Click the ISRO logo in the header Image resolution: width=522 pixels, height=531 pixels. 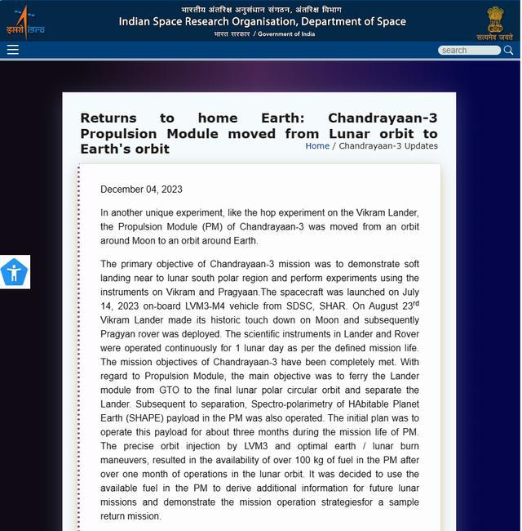[x=24, y=22]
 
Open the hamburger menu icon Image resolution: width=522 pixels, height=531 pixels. [x=13, y=50]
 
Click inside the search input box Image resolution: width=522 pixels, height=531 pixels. [x=468, y=50]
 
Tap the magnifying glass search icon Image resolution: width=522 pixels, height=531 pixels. [x=508, y=50]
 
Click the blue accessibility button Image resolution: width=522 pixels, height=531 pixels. [x=14, y=272]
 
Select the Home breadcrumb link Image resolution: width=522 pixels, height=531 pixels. [x=317, y=146]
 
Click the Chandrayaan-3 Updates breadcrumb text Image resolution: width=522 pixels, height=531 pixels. [x=388, y=146]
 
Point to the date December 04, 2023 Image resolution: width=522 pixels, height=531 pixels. [x=141, y=190]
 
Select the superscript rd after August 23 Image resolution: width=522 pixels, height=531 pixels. [x=416, y=304]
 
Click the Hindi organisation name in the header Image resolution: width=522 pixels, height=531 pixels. [x=261, y=10]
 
